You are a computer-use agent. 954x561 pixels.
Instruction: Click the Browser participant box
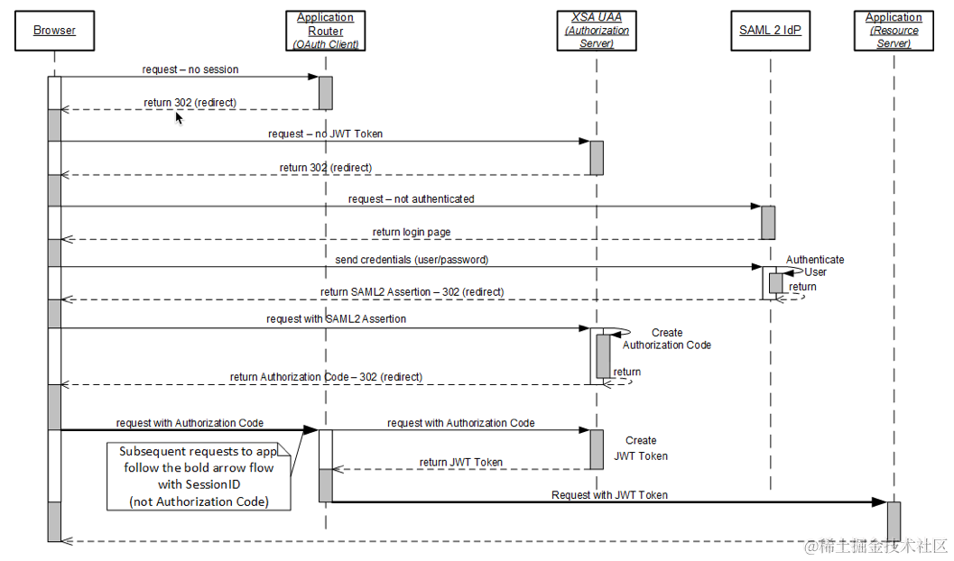pos(54,30)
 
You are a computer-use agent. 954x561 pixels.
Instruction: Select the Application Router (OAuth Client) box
pos(325,30)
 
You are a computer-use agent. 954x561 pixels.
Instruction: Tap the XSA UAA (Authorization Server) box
pos(597,30)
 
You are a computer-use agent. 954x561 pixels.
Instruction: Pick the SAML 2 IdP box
pos(770,30)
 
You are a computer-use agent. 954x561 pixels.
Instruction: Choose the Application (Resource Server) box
pos(894,30)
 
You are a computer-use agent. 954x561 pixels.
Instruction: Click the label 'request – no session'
pos(190,69)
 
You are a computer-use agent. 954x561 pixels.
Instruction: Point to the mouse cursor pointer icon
pos(179,116)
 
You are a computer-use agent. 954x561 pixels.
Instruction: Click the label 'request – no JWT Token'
pos(325,133)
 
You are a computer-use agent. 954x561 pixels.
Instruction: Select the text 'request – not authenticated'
pos(411,198)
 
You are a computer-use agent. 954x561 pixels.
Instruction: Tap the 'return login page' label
pos(412,232)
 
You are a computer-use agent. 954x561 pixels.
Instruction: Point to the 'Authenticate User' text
pos(814,265)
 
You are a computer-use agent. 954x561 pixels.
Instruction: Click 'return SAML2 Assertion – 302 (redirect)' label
pos(412,292)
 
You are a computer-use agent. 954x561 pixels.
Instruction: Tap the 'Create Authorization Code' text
pos(666,339)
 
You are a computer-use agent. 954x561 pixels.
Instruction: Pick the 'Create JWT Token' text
pos(641,448)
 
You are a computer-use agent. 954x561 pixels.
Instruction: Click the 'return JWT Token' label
pos(460,462)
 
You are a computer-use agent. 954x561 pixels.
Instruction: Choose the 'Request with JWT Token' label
pos(609,494)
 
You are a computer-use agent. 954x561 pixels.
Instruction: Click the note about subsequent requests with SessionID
pos(199,475)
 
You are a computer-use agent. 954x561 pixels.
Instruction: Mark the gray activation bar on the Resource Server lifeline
pos(894,521)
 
